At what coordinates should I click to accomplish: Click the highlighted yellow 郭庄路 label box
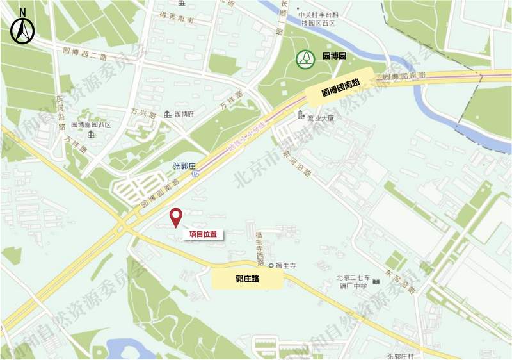coord(246,279)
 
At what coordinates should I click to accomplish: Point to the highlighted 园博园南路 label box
coord(341,84)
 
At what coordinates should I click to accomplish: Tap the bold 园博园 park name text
coord(333,57)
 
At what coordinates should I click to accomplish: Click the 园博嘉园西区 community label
coord(90,125)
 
